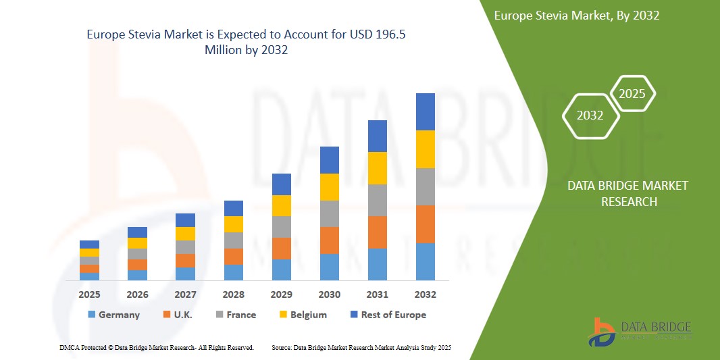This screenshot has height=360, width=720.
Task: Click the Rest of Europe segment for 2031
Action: click(377, 136)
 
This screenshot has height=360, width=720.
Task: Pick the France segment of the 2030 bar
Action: click(329, 213)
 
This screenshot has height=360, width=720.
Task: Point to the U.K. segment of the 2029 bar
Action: click(281, 248)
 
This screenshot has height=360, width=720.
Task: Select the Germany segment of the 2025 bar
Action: click(89, 276)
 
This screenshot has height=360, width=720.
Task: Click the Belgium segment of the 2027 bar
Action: click(185, 234)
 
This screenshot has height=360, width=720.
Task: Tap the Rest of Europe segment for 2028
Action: click(233, 208)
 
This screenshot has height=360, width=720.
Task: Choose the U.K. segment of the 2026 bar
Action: click(137, 265)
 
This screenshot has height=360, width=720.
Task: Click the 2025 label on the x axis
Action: click(89, 294)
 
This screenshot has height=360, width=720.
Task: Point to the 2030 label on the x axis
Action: click(329, 294)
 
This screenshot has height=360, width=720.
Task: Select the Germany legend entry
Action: click(113, 315)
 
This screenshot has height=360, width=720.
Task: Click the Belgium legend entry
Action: click(303, 315)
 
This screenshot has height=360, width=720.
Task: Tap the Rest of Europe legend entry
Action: click(388, 315)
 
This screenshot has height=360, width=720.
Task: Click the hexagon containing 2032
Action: click(590, 115)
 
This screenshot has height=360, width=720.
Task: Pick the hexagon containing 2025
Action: click(632, 94)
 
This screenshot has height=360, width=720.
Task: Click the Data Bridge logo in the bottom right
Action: click(640, 332)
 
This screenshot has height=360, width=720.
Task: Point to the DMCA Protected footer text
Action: click(157, 347)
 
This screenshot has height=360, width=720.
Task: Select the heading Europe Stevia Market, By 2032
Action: click(576, 16)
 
